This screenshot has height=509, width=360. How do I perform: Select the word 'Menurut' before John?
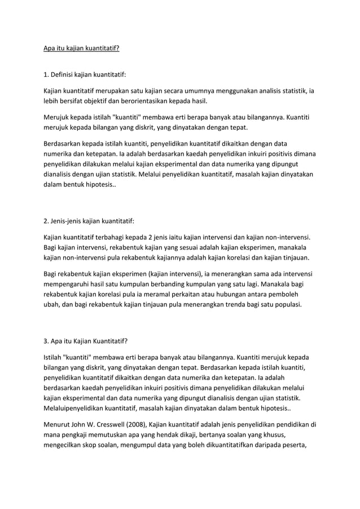[x=59, y=424]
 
